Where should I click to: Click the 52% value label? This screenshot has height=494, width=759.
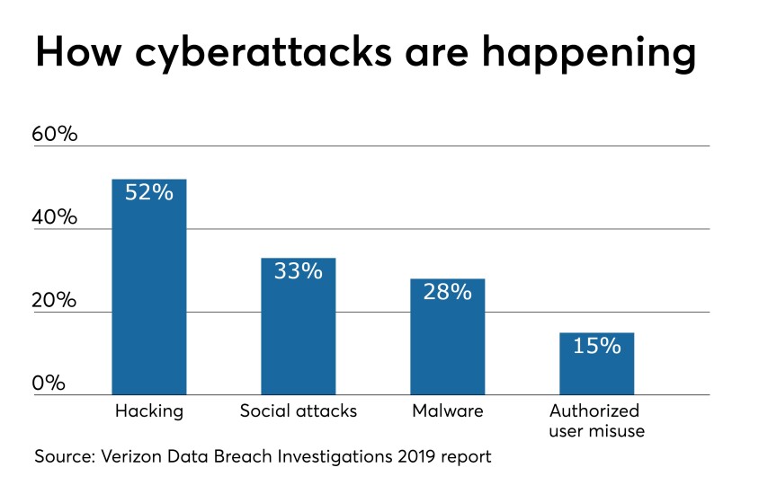[149, 192]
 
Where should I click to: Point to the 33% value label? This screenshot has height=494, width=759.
[299, 270]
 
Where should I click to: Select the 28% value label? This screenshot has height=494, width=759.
[448, 292]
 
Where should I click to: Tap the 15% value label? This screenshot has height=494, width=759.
[597, 346]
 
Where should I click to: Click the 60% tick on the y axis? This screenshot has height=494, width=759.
[55, 134]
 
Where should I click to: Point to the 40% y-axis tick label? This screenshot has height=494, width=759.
[55, 217]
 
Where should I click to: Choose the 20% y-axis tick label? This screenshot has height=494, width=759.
[55, 300]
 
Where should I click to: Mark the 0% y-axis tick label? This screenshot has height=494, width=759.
[49, 384]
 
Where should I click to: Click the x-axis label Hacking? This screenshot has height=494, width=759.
[149, 411]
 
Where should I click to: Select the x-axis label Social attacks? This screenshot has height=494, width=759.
[299, 411]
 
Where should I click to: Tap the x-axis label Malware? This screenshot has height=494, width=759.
[448, 411]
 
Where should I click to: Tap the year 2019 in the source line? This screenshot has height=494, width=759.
[417, 457]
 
